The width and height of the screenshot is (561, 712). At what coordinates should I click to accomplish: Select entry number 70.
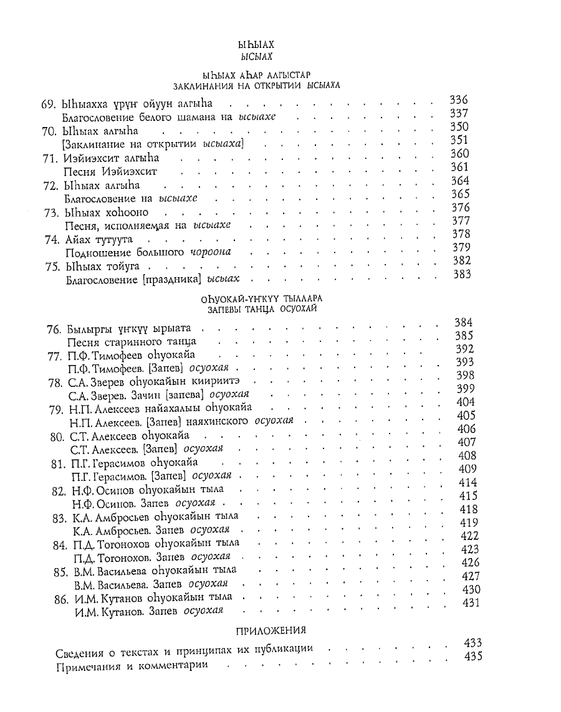[x=51, y=131]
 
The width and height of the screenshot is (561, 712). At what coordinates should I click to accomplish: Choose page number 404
[x=466, y=402]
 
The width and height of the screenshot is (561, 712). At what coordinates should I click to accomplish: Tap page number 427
[x=469, y=576]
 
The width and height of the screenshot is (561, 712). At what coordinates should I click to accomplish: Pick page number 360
[x=460, y=153]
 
